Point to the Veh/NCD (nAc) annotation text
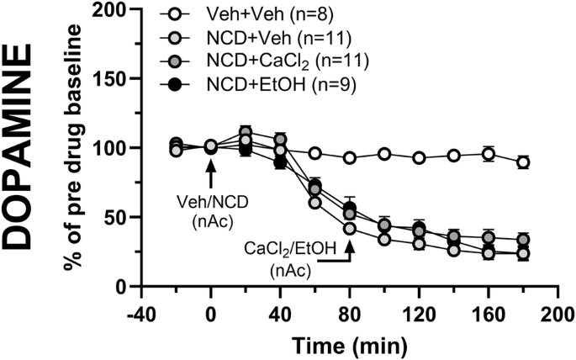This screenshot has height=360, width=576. click(211, 208)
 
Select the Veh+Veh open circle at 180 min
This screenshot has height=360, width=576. click(523, 162)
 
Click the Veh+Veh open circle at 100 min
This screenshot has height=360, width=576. click(384, 154)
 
